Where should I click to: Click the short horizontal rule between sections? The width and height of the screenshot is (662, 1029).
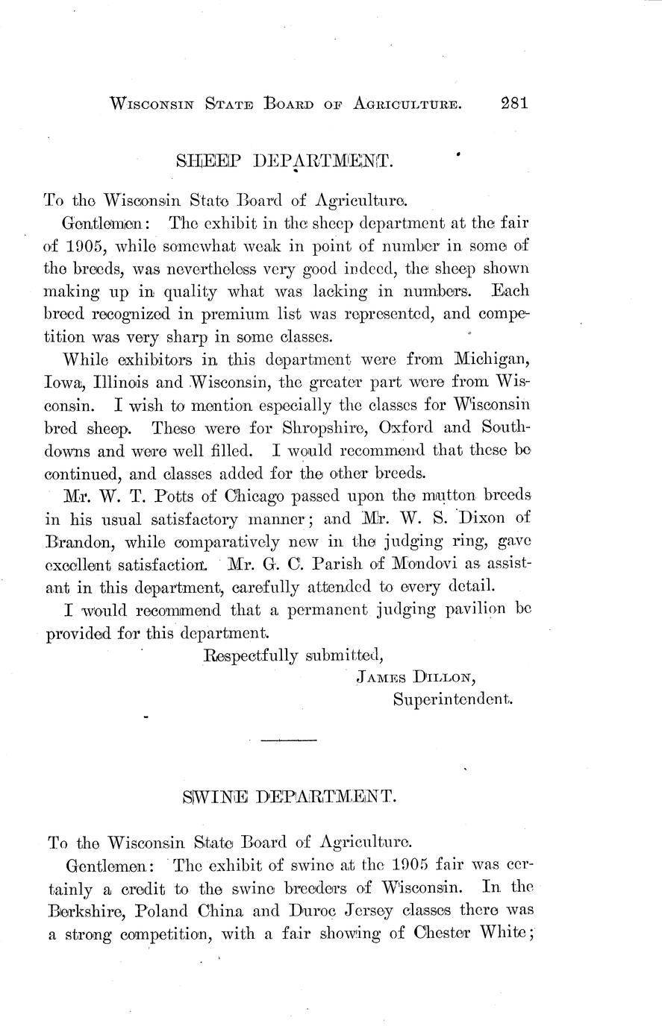(x=290, y=740)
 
